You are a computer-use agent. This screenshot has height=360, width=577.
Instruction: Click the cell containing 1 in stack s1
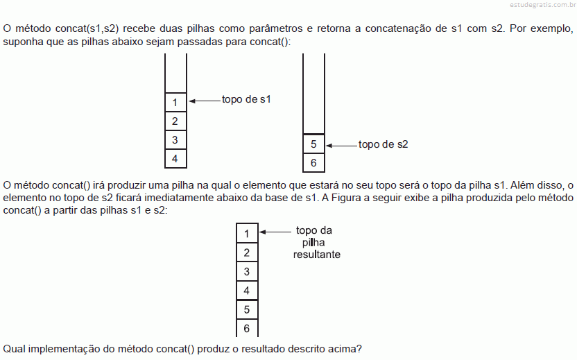tap(175, 102)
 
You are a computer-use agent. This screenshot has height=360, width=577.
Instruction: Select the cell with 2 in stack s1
tap(175, 121)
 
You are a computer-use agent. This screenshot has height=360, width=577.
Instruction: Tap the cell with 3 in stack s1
tap(175, 139)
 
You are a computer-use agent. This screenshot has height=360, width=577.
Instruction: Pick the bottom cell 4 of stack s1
tap(175, 158)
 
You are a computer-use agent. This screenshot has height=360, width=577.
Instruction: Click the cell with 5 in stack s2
tap(313, 144)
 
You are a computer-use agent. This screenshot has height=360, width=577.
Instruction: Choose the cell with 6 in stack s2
tap(313, 162)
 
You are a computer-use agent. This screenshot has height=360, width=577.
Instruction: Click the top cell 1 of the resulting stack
tap(247, 233)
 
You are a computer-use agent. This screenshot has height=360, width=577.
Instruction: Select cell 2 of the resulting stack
tap(247, 252)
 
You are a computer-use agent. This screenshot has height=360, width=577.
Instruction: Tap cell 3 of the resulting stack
tap(247, 271)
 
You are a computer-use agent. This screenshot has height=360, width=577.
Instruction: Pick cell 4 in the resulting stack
tap(247, 291)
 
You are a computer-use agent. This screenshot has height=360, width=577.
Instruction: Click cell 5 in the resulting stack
tap(247, 309)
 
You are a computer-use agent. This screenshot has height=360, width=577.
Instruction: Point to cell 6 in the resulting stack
tap(247, 327)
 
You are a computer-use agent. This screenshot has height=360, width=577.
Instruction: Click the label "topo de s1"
tap(246, 99)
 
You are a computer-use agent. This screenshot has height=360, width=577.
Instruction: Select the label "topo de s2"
tap(383, 144)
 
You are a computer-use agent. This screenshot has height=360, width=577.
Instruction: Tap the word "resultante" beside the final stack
tap(316, 255)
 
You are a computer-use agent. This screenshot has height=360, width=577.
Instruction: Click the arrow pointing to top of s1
tap(205, 101)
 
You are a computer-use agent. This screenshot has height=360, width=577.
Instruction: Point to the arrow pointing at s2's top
tap(342, 146)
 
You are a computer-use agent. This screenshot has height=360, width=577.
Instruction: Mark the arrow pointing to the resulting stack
tap(275, 232)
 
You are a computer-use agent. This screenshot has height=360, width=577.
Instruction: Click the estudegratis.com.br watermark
tap(543, 5)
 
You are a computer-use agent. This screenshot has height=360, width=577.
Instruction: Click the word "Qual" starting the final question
tap(14, 349)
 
